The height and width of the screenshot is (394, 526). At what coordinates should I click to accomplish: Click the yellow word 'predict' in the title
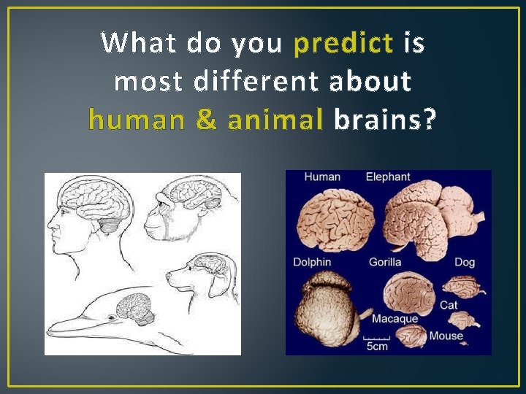pyautogui.click(x=343, y=45)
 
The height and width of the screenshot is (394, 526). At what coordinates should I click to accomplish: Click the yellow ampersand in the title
pyautogui.click(x=206, y=119)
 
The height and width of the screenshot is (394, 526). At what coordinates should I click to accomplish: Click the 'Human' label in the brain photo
pyautogui.click(x=322, y=177)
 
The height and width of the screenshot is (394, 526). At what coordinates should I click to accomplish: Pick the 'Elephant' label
pyautogui.click(x=388, y=177)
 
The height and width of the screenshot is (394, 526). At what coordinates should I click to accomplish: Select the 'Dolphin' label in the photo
pyautogui.click(x=312, y=262)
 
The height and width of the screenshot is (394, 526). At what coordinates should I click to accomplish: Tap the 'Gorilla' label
pyautogui.click(x=385, y=262)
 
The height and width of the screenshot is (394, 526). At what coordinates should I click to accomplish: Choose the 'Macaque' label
pyautogui.click(x=394, y=319)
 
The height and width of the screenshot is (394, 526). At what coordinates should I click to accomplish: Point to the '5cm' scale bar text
pyautogui.click(x=377, y=347)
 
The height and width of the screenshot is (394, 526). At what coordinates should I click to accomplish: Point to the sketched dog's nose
pyautogui.click(x=169, y=277)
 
